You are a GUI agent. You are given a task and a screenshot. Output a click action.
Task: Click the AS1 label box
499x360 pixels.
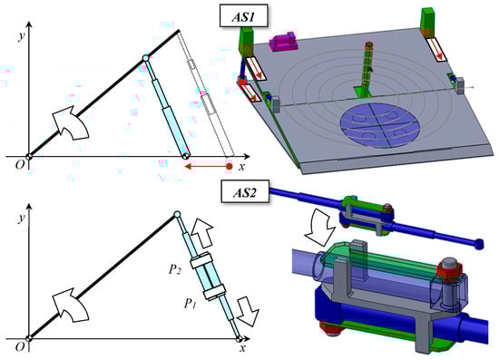(243, 16)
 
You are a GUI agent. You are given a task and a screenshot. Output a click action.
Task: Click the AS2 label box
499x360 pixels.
(245, 191)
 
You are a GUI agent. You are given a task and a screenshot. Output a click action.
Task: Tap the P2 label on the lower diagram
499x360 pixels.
(175, 269)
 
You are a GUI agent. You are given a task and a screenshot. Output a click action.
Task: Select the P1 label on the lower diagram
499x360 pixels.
(191, 304)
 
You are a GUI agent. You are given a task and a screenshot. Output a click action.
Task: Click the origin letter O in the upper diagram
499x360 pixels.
(20, 165)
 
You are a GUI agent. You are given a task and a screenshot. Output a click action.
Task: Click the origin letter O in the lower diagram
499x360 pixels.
(20, 346)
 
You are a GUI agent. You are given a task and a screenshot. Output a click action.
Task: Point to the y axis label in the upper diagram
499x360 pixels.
(22, 36)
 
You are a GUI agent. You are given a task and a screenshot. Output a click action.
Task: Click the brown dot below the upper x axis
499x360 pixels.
(230, 166)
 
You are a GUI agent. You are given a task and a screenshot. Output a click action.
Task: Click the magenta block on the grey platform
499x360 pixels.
(283, 41)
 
